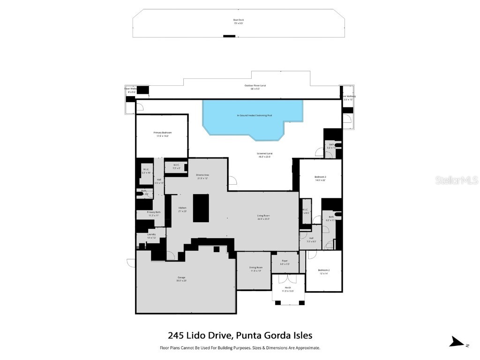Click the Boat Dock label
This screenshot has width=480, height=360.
[239, 20]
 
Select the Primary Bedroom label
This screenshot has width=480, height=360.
[162, 133]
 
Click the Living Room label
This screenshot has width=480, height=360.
[263, 217]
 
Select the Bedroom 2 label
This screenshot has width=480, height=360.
[324, 270]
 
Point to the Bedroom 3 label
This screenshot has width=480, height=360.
[320, 177]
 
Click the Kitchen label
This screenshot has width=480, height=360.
[182, 208]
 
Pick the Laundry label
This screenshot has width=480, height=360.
[151, 234]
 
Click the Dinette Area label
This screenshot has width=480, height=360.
[202, 175]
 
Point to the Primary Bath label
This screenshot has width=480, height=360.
[154, 212]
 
